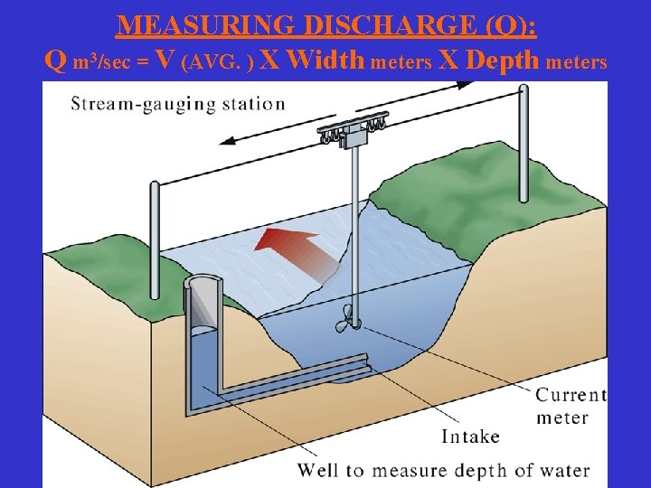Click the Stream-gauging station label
tap(178, 103)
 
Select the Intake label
tap(470, 436)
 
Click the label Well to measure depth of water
tap(443, 471)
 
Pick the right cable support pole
tap(523, 145)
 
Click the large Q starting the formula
tap(55, 61)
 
